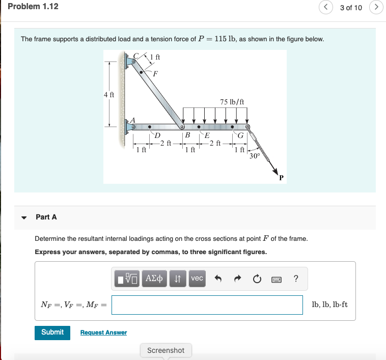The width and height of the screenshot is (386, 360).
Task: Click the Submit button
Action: [52, 333]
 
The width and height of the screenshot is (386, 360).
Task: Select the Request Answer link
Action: [103, 333]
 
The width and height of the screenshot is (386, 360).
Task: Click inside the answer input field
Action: [207, 305]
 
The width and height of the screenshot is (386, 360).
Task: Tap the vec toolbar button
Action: [197, 278]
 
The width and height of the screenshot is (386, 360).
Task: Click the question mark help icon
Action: [296, 278]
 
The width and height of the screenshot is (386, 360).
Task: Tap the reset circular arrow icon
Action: [257, 279]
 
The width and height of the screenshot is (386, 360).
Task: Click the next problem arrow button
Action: [375, 8]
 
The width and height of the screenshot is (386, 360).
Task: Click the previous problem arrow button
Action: [325, 8]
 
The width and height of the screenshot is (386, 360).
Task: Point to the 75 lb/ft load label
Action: [232, 102]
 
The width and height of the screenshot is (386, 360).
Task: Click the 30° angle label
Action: [255, 156]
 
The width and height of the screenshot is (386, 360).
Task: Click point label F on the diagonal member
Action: [155, 73]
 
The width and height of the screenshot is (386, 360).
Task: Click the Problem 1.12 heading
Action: [33, 7]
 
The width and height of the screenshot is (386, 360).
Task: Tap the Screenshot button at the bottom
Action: [166, 350]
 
